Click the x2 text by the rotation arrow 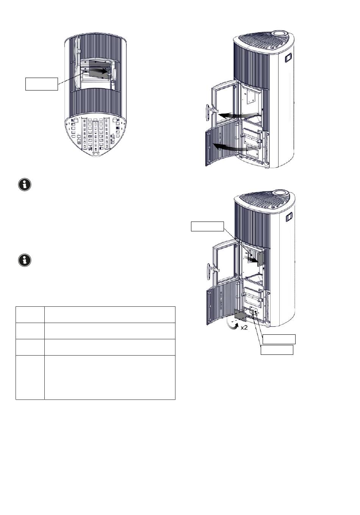tap(244, 328)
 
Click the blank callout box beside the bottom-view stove tap(42, 84)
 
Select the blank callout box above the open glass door tap(207, 226)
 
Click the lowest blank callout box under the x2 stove tap(277, 350)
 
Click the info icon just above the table tap(25, 260)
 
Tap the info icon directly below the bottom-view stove tap(25, 185)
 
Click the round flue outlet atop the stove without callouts tap(281, 34)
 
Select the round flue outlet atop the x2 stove tap(281, 192)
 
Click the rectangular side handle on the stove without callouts tap(288, 58)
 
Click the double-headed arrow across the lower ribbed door tap(231, 147)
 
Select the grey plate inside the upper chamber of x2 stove tap(260, 259)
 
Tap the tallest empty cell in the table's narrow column tap(30, 377)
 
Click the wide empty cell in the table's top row tap(110, 314)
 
